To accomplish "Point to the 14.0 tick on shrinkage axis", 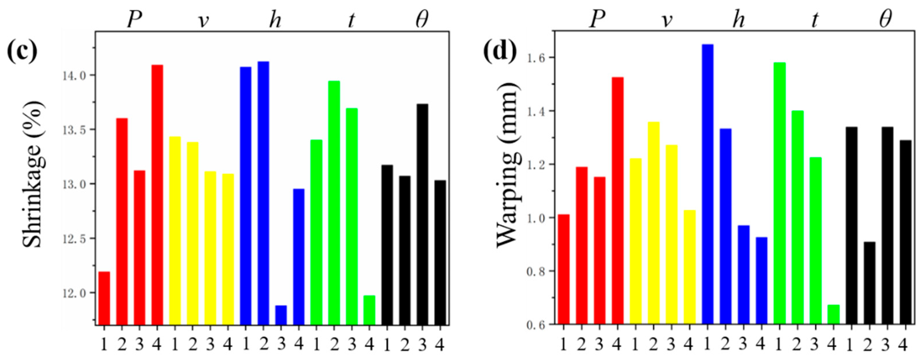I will coord(74,76).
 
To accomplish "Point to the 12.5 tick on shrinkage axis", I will coord(74,239).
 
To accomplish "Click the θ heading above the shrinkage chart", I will coord(422,20).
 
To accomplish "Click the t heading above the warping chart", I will coord(815,20).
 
